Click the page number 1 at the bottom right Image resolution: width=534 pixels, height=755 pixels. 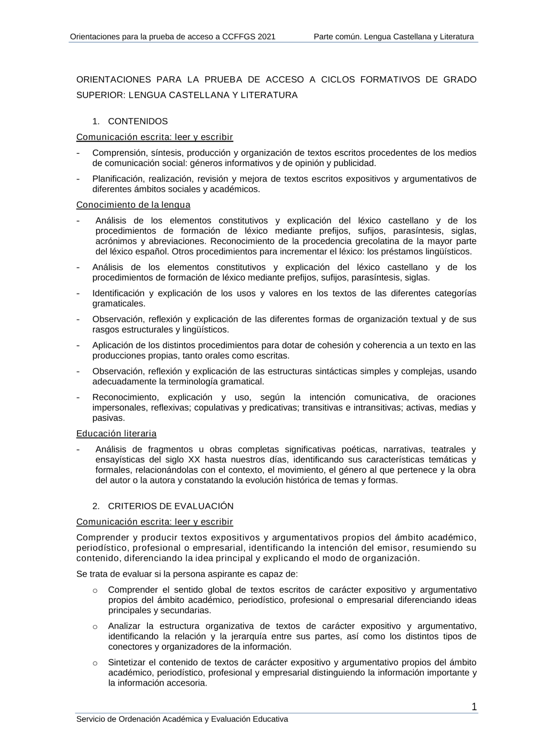pyautogui.click(x=474, y=707)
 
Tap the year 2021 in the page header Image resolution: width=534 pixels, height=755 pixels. pyautogui.click(x=266, y=37)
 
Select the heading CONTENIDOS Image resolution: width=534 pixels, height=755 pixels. pyautogui.click(x=138, y=121)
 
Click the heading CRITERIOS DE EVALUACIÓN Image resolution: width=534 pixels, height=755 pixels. pyautogui.click(x=171, y=506)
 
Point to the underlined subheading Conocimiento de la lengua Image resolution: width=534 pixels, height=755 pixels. pyautogui.click(x=133, y=205)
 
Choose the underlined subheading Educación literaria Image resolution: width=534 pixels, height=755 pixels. pyautogui.click(x=116, y=433)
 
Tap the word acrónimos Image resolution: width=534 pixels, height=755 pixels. pyautogui.click(x=115, y=241)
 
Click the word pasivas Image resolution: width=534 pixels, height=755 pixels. pyautogui.click(x=108, y=418)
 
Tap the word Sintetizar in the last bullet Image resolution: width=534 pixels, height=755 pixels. pyautogui.click(x=128, y=662)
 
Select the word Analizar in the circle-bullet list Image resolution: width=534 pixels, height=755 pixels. pyautogui.click(x=124, y=626)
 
